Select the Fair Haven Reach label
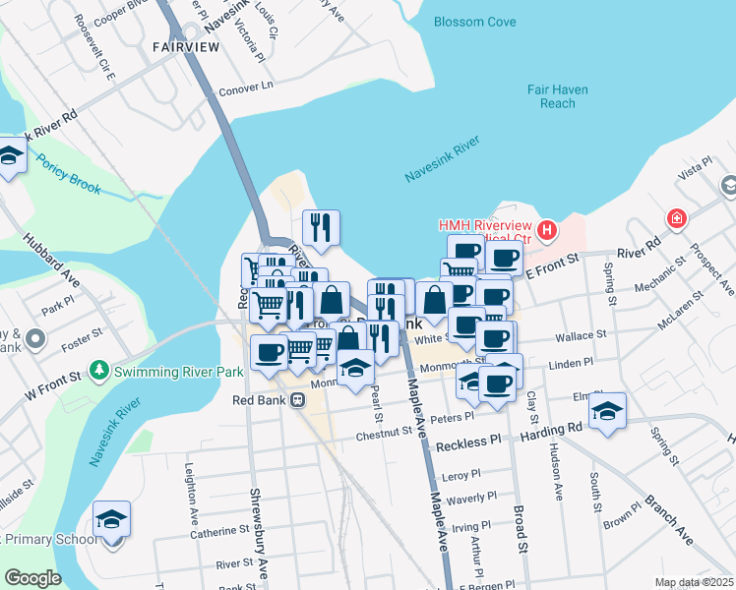[557, 96]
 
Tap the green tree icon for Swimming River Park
[97, 371]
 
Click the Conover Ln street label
[245, 86]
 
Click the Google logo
[32, 577]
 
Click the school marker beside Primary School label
[111, 520]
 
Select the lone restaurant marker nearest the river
[321, 228]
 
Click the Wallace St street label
[581, 336]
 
